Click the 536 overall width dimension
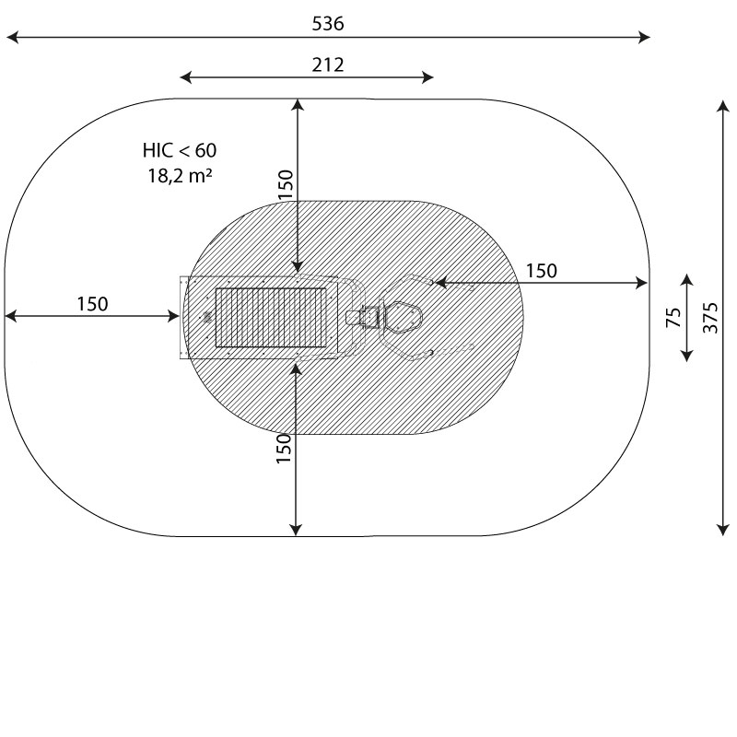point(328,24)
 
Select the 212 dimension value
point(328,64)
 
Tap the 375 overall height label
point(710,318)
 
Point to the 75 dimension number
point(673,318)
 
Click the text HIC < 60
point(180,150)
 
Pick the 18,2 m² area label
point(180,176)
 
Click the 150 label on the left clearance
point(93,304)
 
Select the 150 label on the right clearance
point(541,271)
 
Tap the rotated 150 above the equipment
point(286,185)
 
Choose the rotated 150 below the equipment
point(284,449)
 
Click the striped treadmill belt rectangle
point(271,318)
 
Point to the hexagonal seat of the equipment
point(401,318)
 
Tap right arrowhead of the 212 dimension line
point(427,77)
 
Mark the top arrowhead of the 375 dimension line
point(723,106)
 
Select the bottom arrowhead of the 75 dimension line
point(687,356)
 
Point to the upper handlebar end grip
point(430,282)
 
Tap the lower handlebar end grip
point(430,353)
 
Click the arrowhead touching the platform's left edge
point(173,316)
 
